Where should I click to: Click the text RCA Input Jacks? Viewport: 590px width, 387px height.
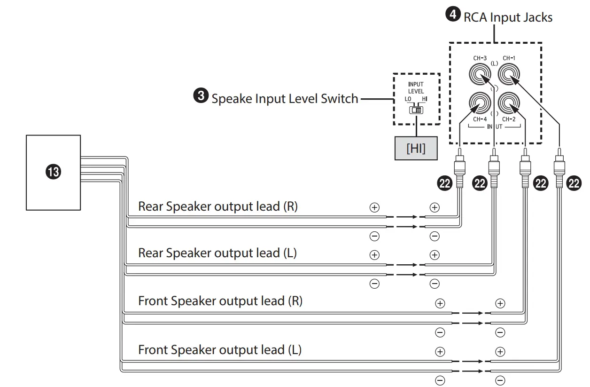coord(508,17)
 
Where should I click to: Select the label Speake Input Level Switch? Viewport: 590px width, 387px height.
coord(285,99)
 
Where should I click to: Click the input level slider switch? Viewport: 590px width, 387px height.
coord(416,110)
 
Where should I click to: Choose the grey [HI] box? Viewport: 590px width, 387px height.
coord(416,148)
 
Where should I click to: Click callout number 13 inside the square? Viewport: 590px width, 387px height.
coord(54,172)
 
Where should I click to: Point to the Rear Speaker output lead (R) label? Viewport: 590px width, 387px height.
coord(217,206)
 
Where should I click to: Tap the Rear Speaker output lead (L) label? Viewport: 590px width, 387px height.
coord(217,253)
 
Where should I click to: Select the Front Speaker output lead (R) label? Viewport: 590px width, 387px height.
coord(220,300)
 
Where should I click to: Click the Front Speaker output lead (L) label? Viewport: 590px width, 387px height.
coord(219,349)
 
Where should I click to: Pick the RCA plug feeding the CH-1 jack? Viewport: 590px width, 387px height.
coord(559,167)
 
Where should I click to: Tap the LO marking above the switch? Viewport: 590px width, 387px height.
coord(408,99)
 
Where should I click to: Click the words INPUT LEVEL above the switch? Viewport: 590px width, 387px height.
coord(416,88)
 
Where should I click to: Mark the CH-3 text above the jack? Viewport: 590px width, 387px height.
coord(480,58)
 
